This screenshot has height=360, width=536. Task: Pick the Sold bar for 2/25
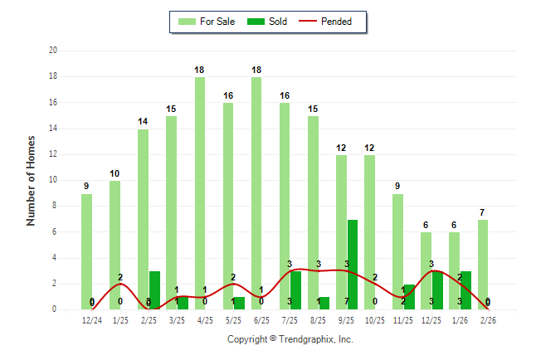click(154, 289)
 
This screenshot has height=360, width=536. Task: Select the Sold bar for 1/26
click(465, 289)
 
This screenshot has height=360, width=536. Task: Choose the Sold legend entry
click(268, 22)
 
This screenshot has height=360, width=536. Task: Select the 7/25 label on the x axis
click(290, 320)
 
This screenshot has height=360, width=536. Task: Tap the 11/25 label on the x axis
click(403, 320)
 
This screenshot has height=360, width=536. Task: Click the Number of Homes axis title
click(32, 180)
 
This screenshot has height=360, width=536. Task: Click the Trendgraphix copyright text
click(290, 339)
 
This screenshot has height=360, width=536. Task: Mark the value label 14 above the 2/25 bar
click(143, 121)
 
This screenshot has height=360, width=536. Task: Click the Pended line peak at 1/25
click(120, 284)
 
